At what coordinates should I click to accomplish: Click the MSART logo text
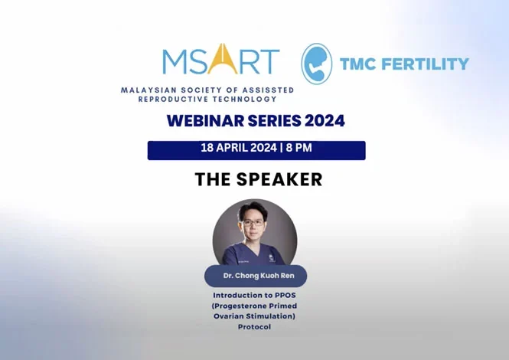point(220,61)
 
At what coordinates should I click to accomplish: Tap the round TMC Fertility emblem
point(317,64)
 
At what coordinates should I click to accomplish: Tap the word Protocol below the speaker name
point(254,327)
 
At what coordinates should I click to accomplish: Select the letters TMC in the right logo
point(362,64)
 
